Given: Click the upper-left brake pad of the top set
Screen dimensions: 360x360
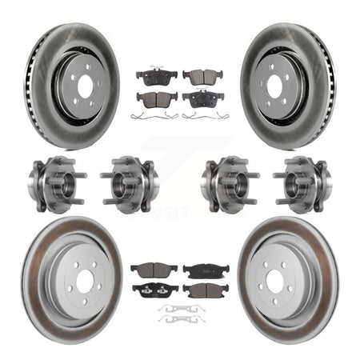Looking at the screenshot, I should click(151, 77).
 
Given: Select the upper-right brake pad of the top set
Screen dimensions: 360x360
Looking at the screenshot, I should click(203, 76).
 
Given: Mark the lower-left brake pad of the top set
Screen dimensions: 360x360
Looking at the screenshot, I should click(156, 98).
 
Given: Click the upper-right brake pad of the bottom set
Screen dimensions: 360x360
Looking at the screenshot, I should click(205, 270).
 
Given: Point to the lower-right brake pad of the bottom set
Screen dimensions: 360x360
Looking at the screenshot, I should click(205, 289).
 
